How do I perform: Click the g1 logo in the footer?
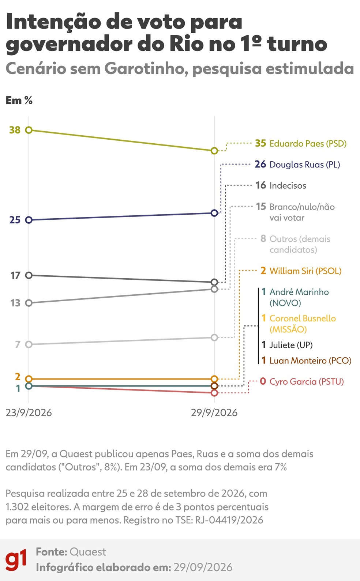(16, 560)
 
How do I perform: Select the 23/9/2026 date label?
(29, 413)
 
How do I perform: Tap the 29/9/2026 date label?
(214, 413)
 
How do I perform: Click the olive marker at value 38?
(29, 130)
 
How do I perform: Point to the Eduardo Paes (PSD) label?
(308, 143)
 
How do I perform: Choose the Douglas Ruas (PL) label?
(305, 165)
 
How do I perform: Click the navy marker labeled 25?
(29, 220)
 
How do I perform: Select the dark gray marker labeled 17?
(29, 275)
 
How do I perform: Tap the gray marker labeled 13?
(29, 303)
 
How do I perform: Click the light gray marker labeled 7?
(29, 344)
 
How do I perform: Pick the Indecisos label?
(288, 185)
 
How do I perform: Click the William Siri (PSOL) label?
(305, 271)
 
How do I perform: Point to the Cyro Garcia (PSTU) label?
(307, 381)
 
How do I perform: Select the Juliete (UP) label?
(291, 345)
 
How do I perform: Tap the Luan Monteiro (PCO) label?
(310, 361)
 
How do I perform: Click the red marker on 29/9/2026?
(214, 393)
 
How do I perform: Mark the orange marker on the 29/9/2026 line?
(214, 379)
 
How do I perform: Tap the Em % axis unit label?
(19, 101)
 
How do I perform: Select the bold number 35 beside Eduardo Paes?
(260, 143)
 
